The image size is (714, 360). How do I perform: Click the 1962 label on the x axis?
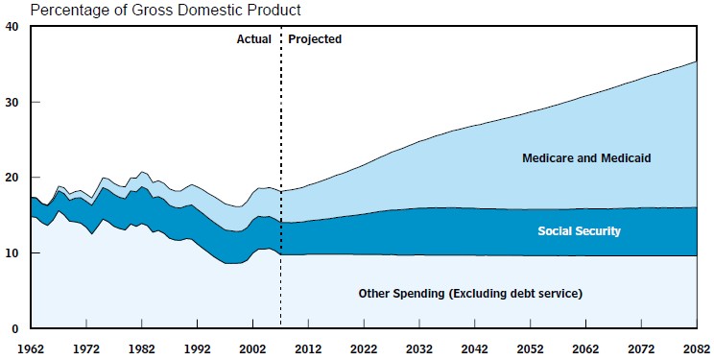(x=31, y=349)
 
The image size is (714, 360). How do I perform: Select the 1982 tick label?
(x=142, y=349)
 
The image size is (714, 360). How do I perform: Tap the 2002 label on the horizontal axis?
(x=252, y=349)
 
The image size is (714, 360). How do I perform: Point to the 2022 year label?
(x=364, y=349)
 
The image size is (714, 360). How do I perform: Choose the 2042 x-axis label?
(x=475, y=349)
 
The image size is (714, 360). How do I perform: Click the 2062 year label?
(x=586, y=349)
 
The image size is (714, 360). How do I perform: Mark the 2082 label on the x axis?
(x=697, y=349)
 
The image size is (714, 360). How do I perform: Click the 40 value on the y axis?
(x=12, y=27)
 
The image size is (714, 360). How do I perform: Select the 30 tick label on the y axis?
(x=12, y=102)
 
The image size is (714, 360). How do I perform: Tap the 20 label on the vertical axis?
(x=12, y=178)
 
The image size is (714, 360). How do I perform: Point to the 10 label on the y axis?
(x=12, y=252)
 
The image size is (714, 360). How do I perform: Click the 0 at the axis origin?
(x=15, y=328)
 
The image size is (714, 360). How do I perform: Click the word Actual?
(x=254, y=39)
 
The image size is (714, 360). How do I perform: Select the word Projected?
(x=315, y=39)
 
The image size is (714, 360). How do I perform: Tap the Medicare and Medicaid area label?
(x=586, y=158)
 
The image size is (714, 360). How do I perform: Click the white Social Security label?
(x=580, y=231)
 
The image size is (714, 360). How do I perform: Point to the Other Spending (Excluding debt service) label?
(x=470, y=294)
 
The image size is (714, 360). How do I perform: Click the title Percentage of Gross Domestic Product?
(x=166, y=10)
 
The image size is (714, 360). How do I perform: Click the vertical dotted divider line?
(x=280, y=177)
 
